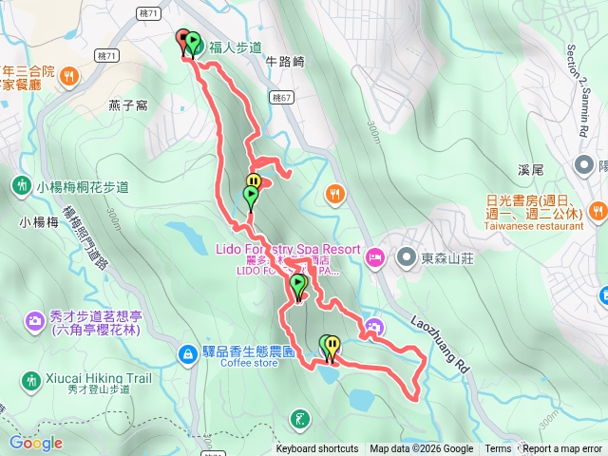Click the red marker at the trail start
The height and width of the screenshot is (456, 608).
pyautogui.click(x=183, y=39)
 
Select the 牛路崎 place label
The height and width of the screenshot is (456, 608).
pyautogui.click(x=285, y=62)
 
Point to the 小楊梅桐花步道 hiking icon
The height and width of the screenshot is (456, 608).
pyautogui.click(x=21, y=184)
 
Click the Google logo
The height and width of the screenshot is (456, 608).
pyautogui.click(x=35, y=443)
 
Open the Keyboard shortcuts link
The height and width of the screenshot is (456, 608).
pyautogui.click(x=317, y=449)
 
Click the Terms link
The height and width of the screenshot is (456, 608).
pyautogui.click(x=498, y=449)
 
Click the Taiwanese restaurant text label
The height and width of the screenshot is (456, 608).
pyautogui.click(x=533, y=227)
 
